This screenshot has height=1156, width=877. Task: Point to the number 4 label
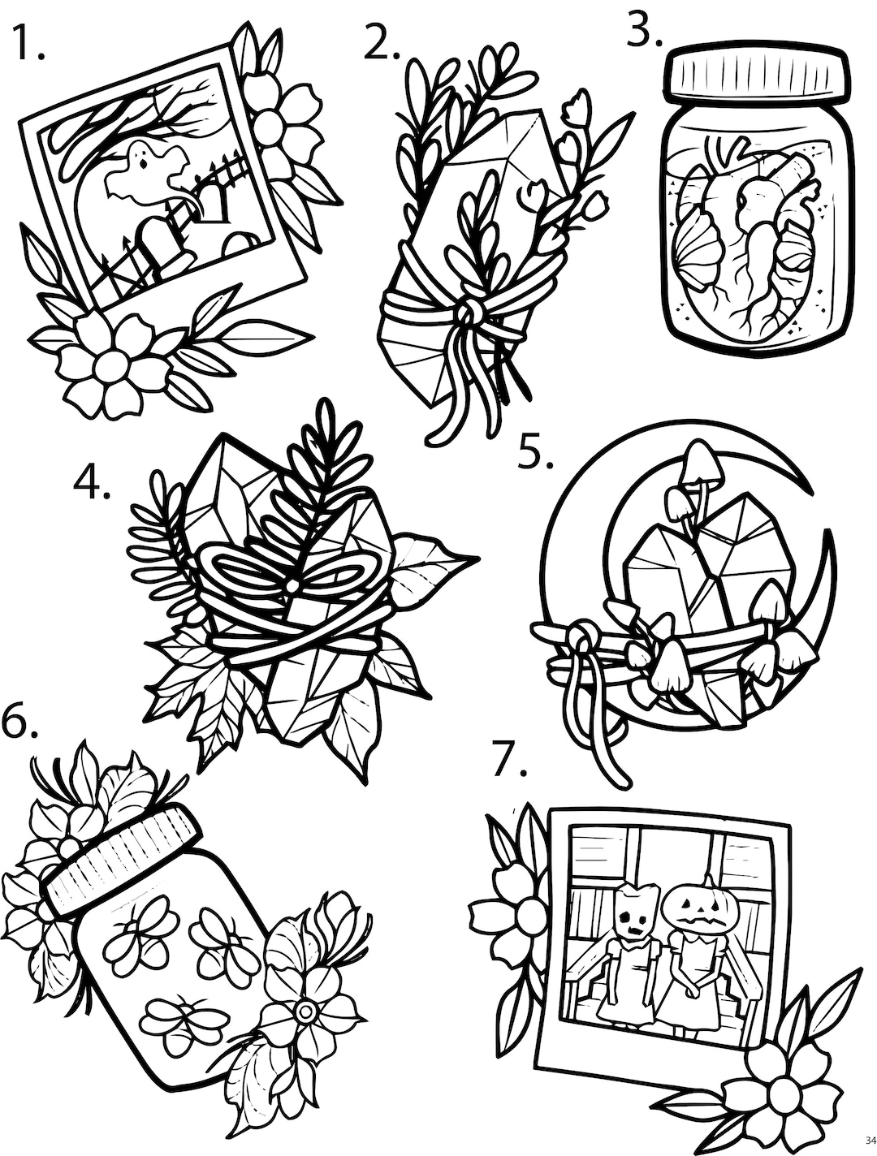point(91,485)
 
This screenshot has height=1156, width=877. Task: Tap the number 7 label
point(510,761)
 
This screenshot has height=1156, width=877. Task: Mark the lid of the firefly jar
point(122,861)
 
